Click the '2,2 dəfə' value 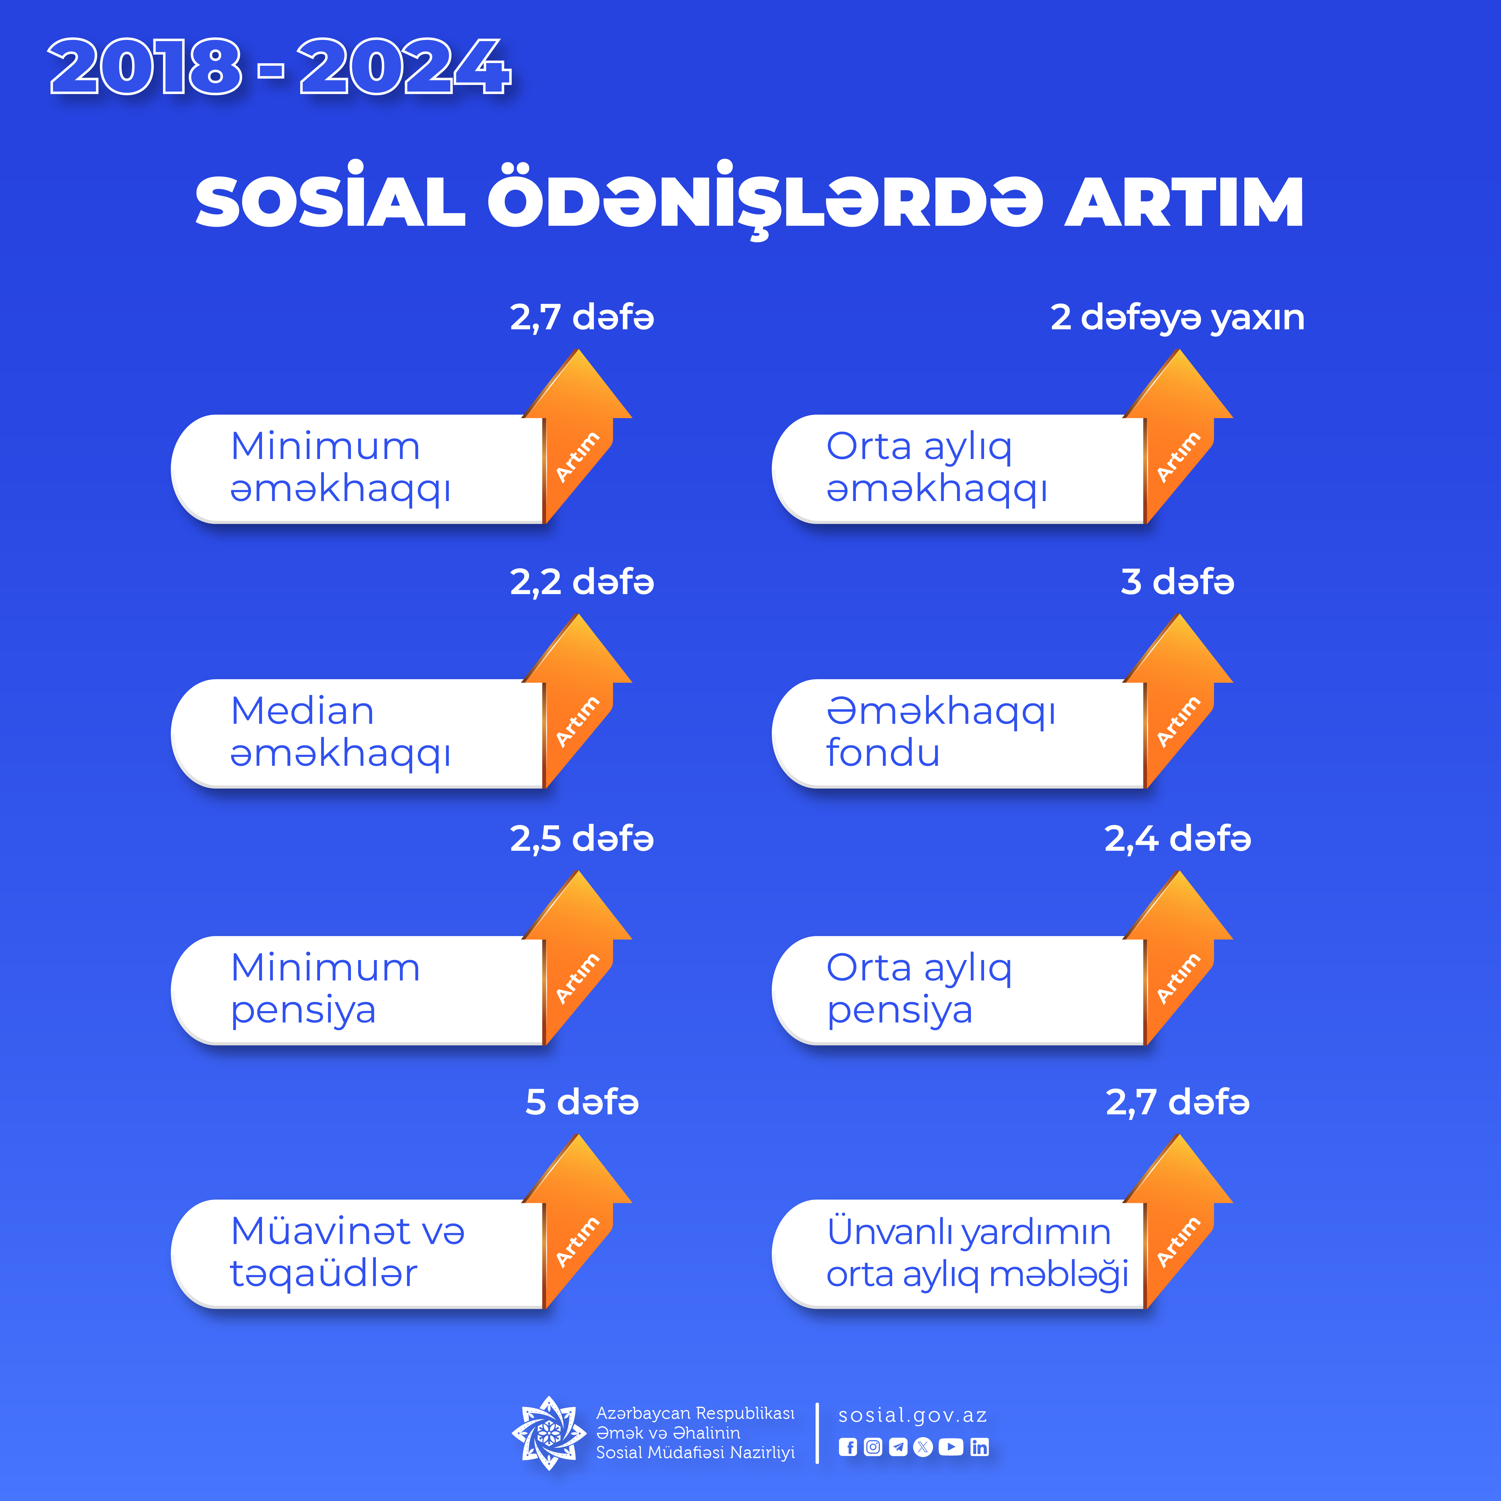coord(582,582)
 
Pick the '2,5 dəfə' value coord(582,838)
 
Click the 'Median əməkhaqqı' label coord(340,732)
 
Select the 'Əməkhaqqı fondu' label coord(940,732)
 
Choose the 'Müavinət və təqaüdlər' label coord(347,1252)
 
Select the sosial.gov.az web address coord(913,1415)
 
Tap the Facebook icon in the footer coord(847,1447)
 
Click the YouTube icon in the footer coord(951,1447)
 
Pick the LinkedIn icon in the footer coord(980,1447)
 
